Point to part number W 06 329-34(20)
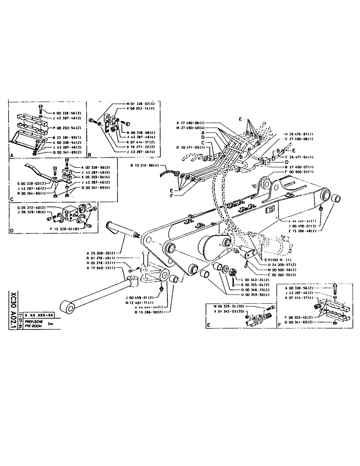228,306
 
